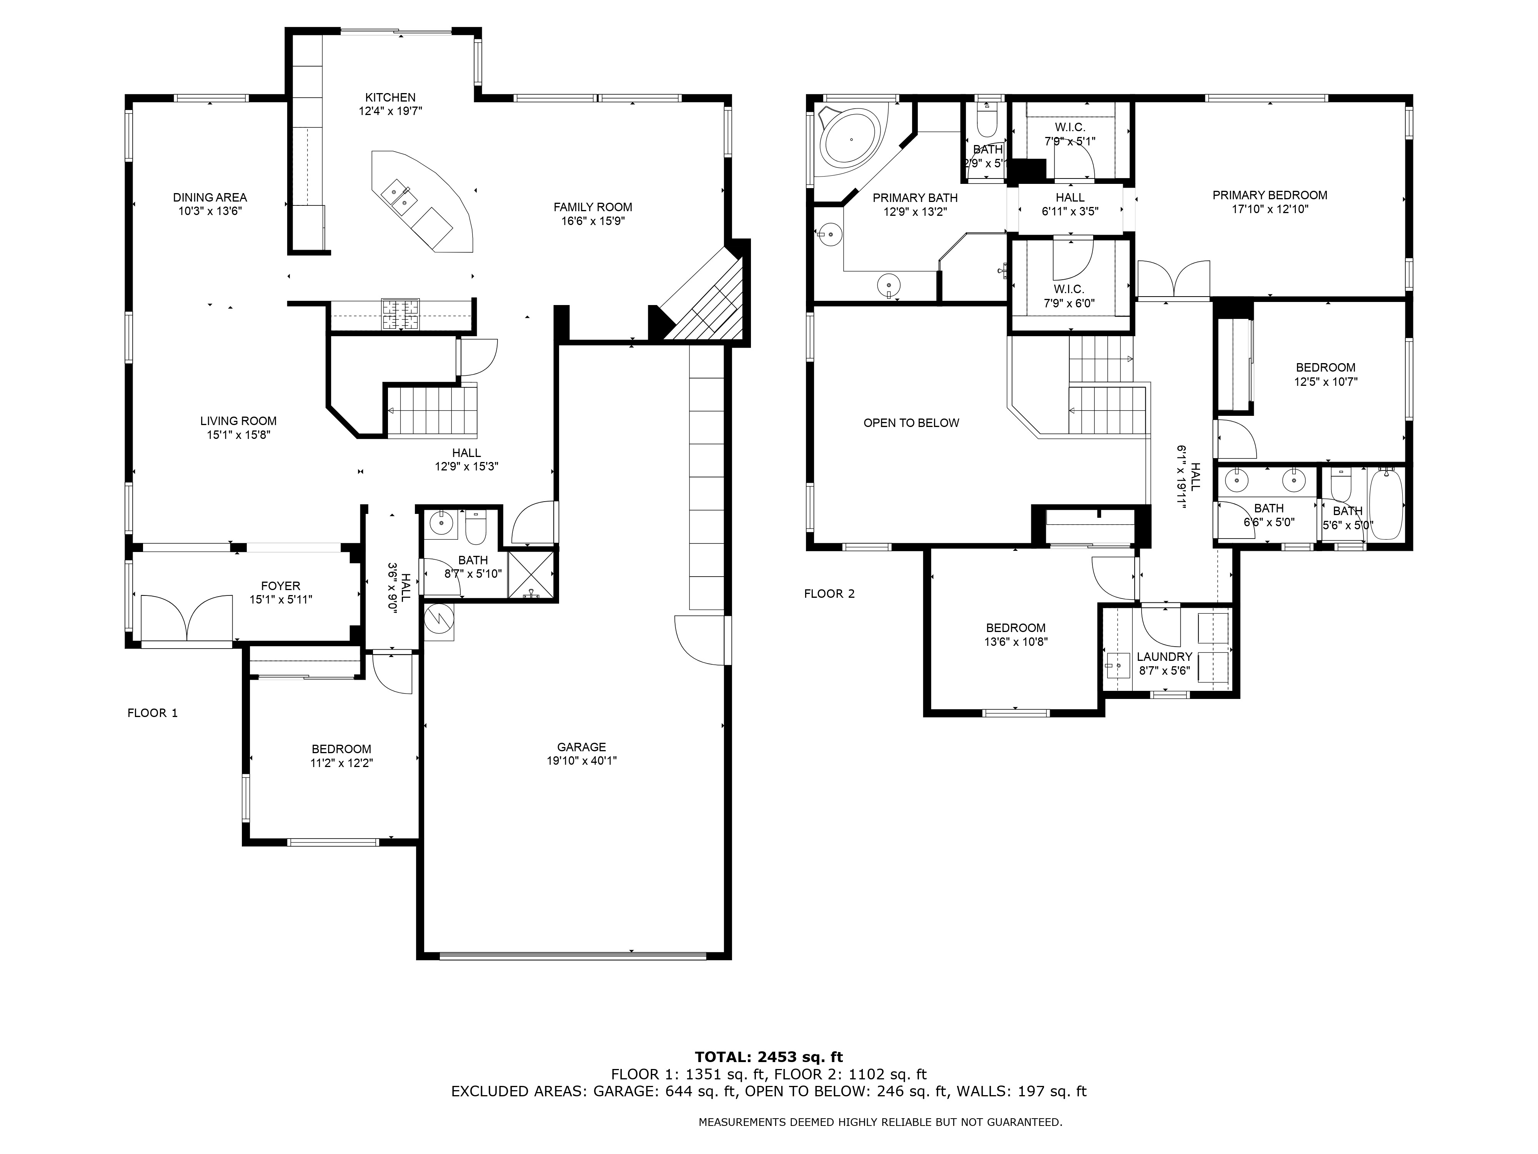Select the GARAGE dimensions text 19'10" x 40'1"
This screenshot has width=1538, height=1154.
click(581, 761)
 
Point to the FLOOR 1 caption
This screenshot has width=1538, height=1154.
click(152, 713)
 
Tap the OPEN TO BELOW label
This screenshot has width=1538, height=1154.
click(911, 423)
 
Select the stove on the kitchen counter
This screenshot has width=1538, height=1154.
click(401, 314)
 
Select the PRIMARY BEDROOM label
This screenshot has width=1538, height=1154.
click(1270, 195)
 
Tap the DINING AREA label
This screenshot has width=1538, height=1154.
click(210, 198)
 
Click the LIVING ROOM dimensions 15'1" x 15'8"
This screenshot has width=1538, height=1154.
click(238, 435)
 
